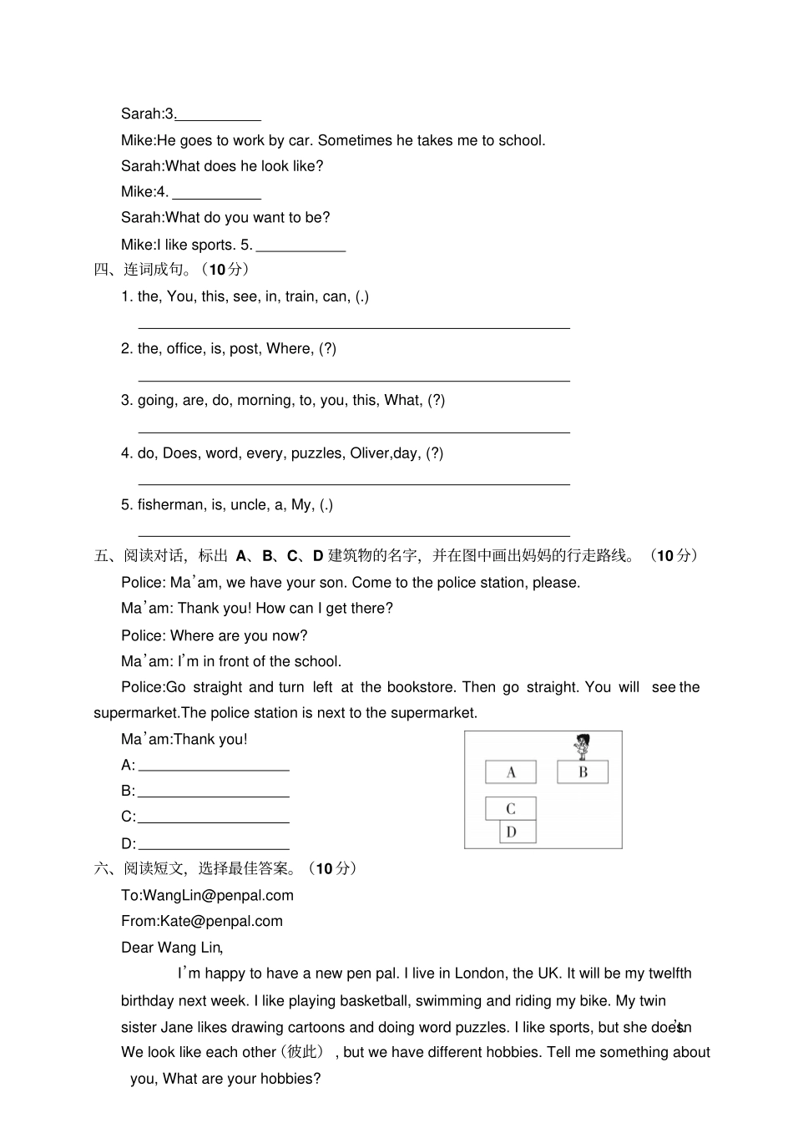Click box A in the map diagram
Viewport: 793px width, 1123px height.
(511, 771)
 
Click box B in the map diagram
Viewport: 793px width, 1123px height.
(583, 771)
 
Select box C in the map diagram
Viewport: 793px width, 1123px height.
(511, 808)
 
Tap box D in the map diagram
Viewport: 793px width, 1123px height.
(518, 832)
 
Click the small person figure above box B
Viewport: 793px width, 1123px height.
(583, 745)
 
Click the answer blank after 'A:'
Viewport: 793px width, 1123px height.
(214, 765)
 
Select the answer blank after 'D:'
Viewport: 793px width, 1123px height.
(214, 843)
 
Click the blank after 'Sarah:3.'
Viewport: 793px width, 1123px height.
(219, 114)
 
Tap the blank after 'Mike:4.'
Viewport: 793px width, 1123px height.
(216, 192)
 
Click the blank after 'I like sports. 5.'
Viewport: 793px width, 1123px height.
(301, 245)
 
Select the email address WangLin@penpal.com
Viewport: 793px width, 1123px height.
(218, 895)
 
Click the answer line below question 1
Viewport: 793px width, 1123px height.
(353, 327)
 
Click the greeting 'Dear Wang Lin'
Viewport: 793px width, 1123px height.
(171, 947)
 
